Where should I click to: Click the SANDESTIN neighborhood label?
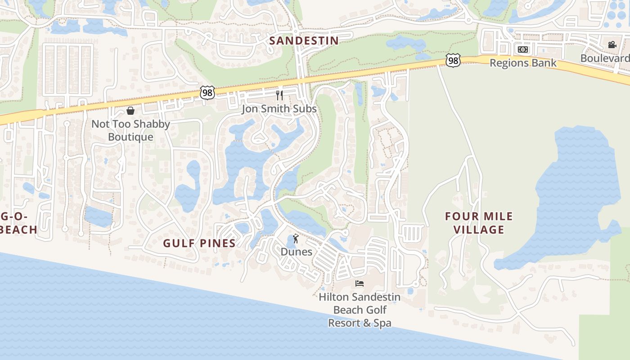(x=304, y=40)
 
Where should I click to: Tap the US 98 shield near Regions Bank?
(x=454, y=60)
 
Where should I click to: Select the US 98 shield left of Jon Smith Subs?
(x=207, y=93)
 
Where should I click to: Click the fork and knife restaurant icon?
(x=279, y=95)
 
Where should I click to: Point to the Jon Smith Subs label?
(x=279, y=108)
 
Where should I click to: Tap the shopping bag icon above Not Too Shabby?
(x=130, y=110)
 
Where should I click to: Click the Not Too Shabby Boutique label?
(x=130, y=130)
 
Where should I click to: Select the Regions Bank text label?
(x=523, y=63)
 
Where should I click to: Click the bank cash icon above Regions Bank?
(x=522, y=49)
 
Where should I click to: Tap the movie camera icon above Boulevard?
(x=612, y=45)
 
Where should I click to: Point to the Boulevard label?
(x=605, y=58)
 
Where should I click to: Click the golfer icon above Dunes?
(x=296, y=238)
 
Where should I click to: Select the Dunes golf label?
(x=296, y=252)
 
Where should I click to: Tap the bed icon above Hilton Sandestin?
(x=359, y=283)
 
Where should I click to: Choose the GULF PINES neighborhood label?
(x=199, y=243)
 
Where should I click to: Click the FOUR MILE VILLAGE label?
(x=479, y=223)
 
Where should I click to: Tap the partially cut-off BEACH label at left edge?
(x=19, y=229)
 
